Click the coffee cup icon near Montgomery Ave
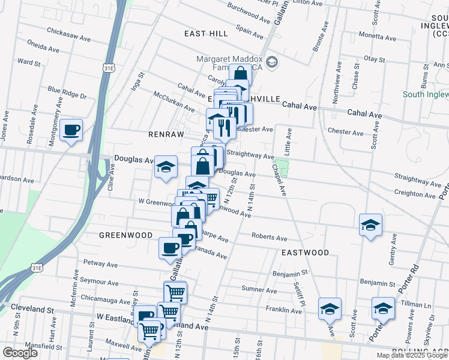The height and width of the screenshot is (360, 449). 71,130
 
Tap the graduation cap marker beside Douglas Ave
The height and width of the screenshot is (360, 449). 166,167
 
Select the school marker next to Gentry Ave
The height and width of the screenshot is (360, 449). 371,226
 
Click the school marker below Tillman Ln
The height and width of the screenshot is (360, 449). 383,309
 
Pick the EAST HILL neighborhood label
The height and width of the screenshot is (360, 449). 206,34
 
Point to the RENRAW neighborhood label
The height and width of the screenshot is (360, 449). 166,134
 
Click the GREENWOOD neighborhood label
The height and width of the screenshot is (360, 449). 126,235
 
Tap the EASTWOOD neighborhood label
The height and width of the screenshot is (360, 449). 305,253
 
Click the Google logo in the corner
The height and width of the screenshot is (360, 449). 20,353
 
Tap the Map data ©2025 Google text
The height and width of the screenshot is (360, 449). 412,355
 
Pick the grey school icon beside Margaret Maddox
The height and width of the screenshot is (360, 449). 272,62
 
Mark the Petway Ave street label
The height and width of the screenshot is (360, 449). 101,263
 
